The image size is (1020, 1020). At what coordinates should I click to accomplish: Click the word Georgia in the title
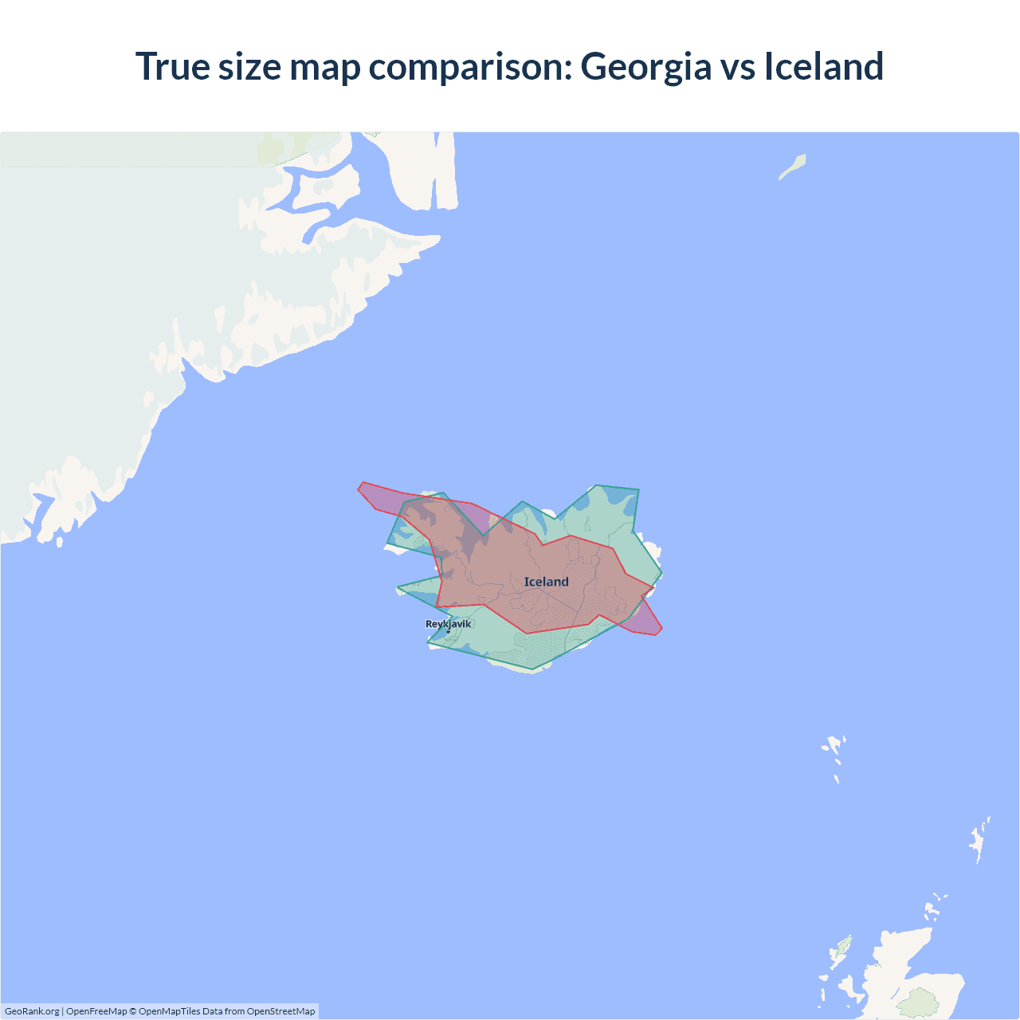click(645, 67)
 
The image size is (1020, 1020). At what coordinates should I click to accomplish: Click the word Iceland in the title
click(824, 67)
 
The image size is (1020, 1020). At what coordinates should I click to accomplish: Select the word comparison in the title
click(471, 67)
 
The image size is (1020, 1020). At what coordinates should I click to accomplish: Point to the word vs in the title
click(738, 67)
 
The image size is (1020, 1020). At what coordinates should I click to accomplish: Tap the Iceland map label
click(547, 582)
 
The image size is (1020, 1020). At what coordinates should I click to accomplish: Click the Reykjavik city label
click(448, 624)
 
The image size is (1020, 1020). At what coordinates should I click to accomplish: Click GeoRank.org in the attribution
click(32, 1011)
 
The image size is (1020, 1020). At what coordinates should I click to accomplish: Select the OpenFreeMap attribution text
click(96, 1011)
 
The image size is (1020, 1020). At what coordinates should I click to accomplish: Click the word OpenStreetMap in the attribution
click(280, 1011)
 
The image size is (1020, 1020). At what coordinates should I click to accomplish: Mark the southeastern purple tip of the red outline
click(660, 630)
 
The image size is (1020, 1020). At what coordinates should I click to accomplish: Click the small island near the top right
click(793, 167)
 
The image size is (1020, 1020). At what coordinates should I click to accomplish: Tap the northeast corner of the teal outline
click(638, 489)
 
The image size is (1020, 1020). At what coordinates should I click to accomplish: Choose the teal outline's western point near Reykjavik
click(398, 589)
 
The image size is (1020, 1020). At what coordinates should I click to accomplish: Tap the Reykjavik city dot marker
click(448, 632)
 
